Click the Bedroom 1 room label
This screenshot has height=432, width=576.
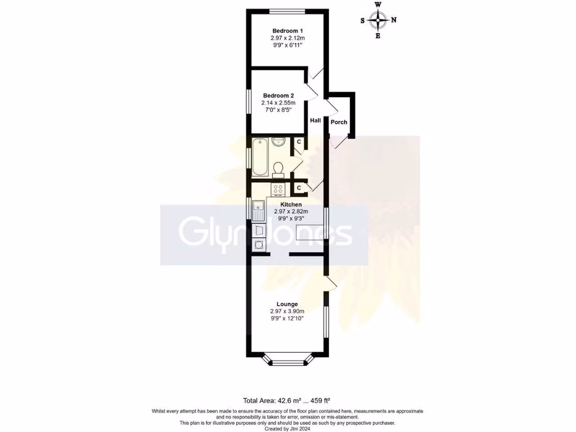point(287,30)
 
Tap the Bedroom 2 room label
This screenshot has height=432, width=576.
point(278,96)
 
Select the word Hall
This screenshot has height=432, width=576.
point(315,120)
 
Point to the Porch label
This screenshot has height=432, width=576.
point(339,122)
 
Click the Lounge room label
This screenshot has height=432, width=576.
point(287,304)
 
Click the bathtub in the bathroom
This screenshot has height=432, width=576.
point(260,157)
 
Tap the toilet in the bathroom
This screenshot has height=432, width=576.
point(278,168)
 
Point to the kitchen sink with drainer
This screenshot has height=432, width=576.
point(259,211)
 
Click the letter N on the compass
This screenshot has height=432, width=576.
point(394,20)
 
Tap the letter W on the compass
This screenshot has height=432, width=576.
point(378,5)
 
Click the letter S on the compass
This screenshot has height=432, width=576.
point(363,20)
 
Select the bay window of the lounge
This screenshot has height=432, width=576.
point(287,360)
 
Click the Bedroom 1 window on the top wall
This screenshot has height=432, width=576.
point(287,11)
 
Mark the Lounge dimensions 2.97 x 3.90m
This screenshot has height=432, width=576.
point(287,311)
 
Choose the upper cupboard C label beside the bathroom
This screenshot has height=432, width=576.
point(299,142)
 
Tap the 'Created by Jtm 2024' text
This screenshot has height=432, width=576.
point(287,428)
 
